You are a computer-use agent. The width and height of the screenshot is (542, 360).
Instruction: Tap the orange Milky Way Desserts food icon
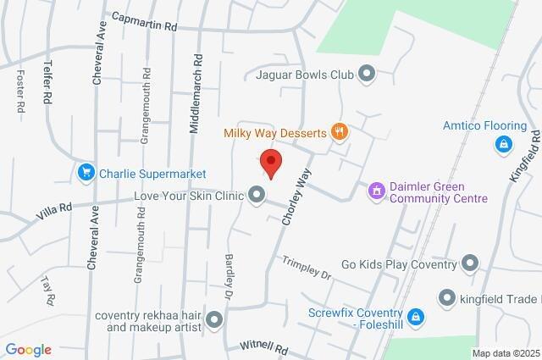click(x=340, y=132)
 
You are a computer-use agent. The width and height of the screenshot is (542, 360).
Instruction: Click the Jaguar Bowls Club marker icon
click(x=367, y=75)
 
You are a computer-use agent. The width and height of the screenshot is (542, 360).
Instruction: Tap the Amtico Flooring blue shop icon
click(x=503, y=144)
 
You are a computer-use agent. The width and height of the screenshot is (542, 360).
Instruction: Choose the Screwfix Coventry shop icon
click(x=415, y=317)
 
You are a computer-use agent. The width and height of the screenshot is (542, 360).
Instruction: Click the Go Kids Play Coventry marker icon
click(x=471, y=263)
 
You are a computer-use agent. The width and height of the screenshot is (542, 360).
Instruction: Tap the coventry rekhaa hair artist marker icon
click(x=213, y=320)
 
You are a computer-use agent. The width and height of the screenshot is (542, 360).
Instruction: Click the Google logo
click(x=27, y=350)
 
